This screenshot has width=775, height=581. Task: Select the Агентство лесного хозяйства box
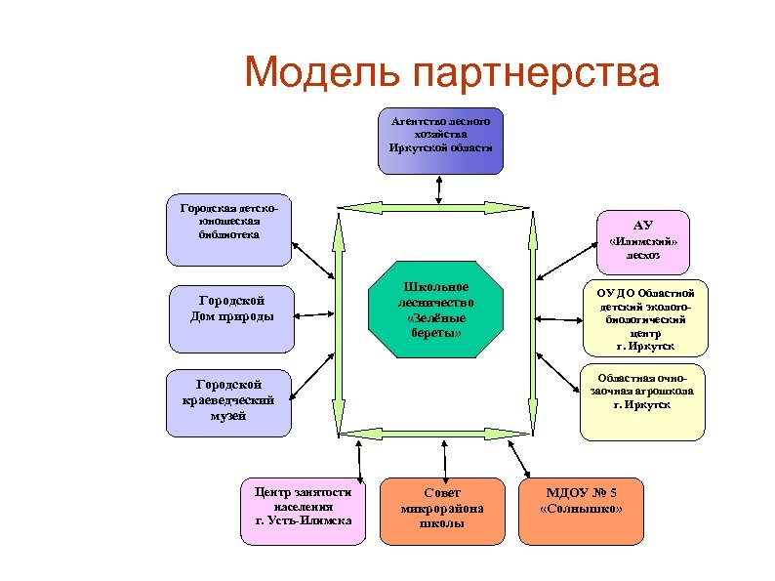point(440,141)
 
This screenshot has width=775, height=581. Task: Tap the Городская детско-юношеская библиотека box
point(228,228)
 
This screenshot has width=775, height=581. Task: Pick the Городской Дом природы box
point(232,317)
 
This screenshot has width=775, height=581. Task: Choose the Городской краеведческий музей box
point(228,402)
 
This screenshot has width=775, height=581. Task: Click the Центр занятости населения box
point(303,510)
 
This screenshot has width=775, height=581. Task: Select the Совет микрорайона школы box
point(441,510)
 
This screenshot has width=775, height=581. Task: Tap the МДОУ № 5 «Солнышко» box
point(581,510)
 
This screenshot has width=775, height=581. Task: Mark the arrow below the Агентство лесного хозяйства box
point(439,189)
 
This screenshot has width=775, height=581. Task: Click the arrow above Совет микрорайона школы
point(444,459)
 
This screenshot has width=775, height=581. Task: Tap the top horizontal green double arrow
point(436,207)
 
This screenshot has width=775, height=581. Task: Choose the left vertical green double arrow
point(339,317)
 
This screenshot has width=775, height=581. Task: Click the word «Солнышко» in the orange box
point(581,510)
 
